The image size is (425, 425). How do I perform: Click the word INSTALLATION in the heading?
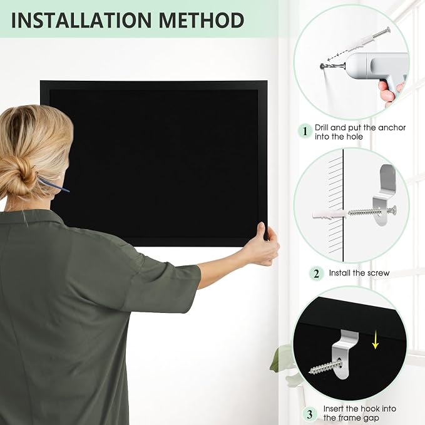(x=81, y=20)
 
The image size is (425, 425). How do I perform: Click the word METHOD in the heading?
(x=202, y=20)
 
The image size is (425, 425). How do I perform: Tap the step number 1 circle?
(x=305, y=131)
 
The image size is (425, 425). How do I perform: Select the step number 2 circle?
(x=316, y=274)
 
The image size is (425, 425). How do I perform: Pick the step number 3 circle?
(x=310, y=414)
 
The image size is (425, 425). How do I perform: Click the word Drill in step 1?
(x=322, y=128)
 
